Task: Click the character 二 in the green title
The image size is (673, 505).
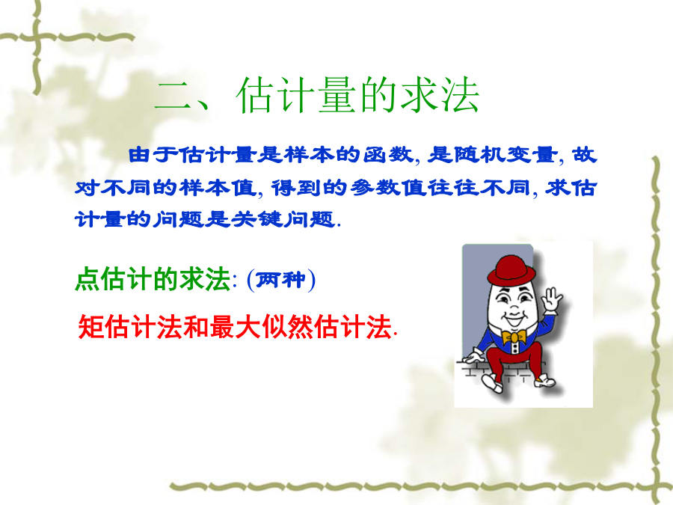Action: tap(173, 95)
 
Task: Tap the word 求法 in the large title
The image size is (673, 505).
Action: tap(439, 95)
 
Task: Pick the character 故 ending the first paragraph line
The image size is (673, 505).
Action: tap(585, 155)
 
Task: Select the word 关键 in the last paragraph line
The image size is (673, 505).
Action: tap(257, 219)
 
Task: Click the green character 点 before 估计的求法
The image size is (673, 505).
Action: tap(88, 280)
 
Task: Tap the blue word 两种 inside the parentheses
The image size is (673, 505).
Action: tap(281, 280)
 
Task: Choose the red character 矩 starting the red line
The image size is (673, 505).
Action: tap(91, 327)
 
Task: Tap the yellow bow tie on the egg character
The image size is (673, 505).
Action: tap(514, 337)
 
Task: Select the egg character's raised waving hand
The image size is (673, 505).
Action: tap(552, 300)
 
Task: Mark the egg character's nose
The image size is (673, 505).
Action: tap(514, 307)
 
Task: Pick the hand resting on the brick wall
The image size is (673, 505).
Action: tap(473, 356)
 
